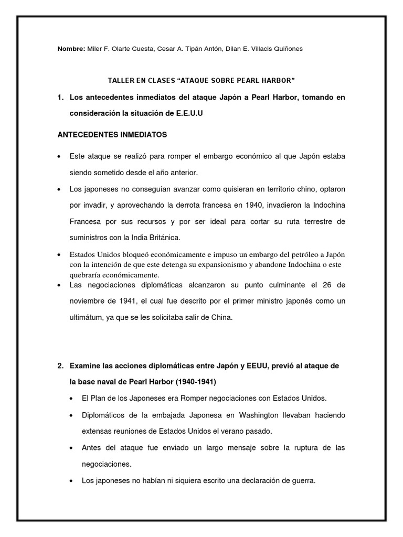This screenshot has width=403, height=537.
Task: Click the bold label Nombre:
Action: click(70, 49)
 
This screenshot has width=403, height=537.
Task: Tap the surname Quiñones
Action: click(285, 49)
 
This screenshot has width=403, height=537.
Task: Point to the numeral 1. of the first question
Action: click(61, 98)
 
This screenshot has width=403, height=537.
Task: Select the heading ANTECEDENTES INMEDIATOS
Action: click(112, 135)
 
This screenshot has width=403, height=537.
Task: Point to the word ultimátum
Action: click(89, 317)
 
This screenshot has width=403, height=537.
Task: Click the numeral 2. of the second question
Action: click(61, 365)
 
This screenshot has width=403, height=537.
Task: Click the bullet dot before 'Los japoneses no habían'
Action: click(71, 480)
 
